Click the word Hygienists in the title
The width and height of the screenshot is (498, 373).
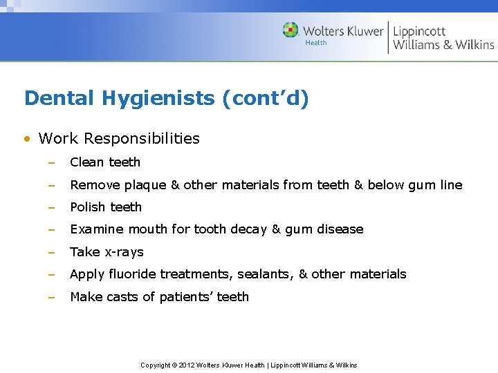point(158,99)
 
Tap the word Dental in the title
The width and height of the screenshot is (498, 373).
point(60,99)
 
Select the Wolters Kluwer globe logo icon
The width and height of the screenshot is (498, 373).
point(290,30)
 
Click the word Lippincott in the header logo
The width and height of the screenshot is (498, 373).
point(419,31)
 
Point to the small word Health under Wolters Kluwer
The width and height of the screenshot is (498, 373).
point(316,43)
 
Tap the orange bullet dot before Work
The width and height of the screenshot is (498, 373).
point(27,139)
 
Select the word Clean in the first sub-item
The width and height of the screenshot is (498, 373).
point(86,162)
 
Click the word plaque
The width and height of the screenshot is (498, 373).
point(145,185)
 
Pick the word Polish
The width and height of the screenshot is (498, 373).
point(87,207)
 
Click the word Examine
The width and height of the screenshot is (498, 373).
point(96,229)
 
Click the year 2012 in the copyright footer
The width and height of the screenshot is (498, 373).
point(187,365)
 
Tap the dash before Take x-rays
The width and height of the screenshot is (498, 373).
point(50,252)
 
